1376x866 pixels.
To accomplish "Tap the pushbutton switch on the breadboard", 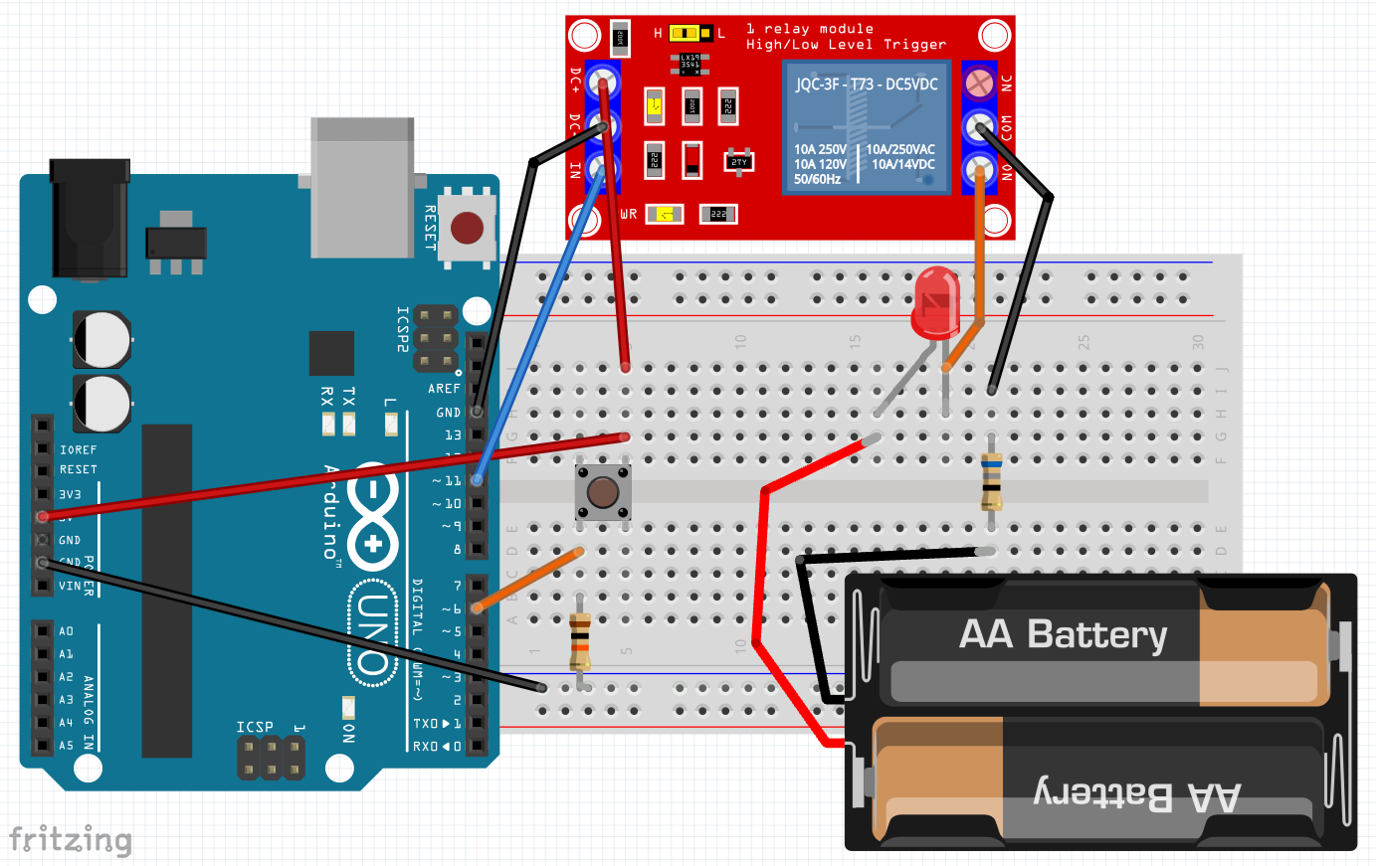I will (603, 492).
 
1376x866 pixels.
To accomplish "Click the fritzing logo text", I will (70, 840).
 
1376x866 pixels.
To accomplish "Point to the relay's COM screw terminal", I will (981, 126).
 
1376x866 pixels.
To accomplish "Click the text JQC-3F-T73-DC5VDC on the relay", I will (866, 85).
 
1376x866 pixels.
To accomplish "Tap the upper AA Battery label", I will (1063, 634).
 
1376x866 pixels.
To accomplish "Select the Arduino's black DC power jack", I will (90, 219).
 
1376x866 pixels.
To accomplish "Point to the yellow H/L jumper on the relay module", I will (686, 34).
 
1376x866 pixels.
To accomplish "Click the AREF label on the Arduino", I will (444, 389).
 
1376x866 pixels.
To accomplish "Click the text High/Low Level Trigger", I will (846, 45).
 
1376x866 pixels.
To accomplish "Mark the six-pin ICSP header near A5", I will (271, 758).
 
